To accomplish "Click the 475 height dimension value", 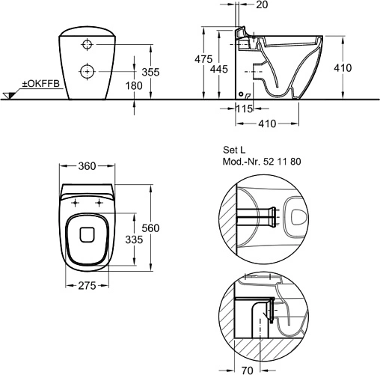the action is (203, 59).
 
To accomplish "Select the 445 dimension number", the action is (218, 69).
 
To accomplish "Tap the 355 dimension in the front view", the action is (150, 72).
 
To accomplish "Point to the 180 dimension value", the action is (134, 85).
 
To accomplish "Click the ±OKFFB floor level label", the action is (41, 84).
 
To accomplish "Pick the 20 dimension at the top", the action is (262, 4).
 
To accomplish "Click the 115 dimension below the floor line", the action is (245, 109).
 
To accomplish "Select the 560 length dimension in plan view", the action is (150, 228).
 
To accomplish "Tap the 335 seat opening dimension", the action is (134, 240).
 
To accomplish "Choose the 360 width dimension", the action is (87, 166).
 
